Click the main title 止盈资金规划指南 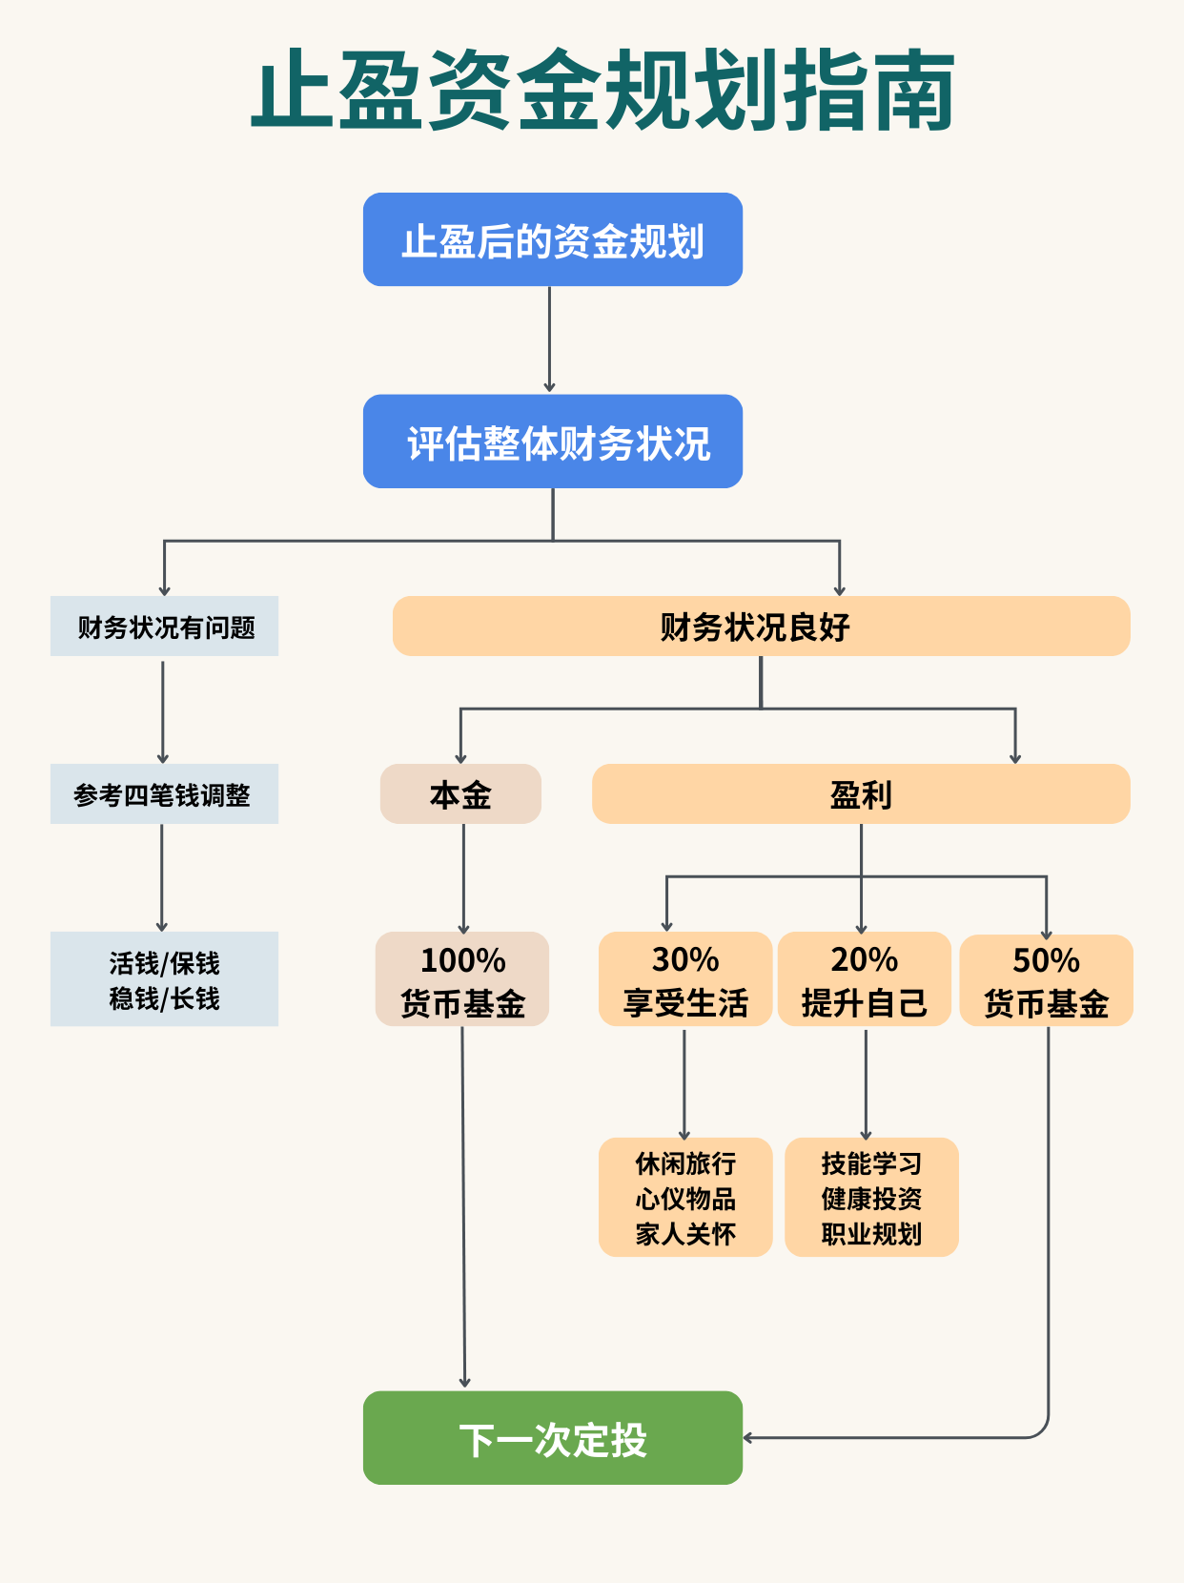(x=602, y=92)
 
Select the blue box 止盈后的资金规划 (x=552, y=239)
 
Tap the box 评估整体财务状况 (x=552, y=442)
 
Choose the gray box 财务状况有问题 (x=164, y=627)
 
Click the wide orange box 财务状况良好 (x=761, y=627)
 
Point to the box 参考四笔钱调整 (x=164, y=794)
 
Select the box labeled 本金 (x=460, y=794)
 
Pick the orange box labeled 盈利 (x=861, y=794)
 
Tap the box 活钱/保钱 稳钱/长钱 (x=164, y=979)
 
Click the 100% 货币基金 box (x=462, y=979)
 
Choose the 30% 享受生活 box (x=684, y=979)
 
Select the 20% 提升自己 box (x=864, y=979)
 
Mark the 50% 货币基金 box (x=1046, y=980)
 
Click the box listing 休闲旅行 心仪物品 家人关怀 (x=684, y=1198)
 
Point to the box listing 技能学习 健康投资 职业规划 (x=871, y=1198)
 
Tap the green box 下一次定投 (x=552, y=1438)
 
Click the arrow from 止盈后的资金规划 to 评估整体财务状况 (x=549, y=339)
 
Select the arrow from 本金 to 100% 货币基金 (x=463, y=877)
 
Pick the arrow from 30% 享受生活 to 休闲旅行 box (x=684, y=1082)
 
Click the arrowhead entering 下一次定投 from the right (x=749, y=1437)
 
